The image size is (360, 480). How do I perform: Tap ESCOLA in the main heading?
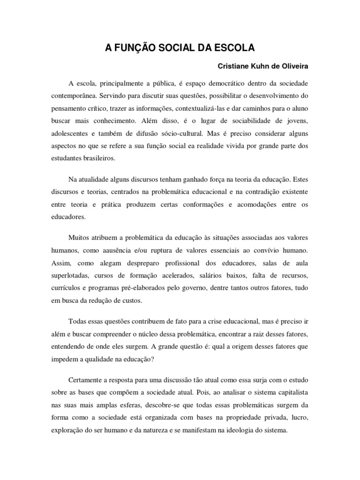(238, 48)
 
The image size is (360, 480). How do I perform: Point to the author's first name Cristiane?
(234, 66)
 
